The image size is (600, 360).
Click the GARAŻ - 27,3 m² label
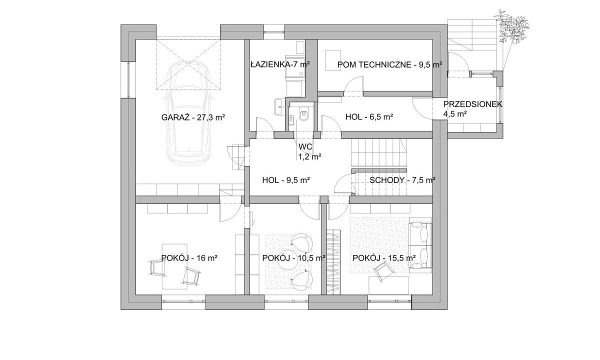193,117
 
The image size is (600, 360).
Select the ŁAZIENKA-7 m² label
280,64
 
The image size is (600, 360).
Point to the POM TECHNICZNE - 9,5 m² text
389,64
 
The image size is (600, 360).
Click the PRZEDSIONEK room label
473,104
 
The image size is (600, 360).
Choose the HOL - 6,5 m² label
369,117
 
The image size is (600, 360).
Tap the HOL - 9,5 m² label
286,180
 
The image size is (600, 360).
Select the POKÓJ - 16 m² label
189,258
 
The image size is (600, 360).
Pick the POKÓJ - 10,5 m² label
294,258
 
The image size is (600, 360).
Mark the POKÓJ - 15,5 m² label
384,258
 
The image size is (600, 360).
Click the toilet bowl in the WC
304,115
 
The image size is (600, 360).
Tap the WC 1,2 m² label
310,151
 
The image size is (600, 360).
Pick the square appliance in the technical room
333,61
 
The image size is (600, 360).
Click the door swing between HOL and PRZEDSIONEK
422,109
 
